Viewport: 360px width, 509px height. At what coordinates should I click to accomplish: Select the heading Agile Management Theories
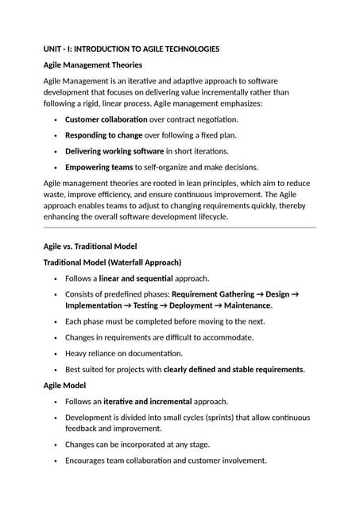pos(93,64)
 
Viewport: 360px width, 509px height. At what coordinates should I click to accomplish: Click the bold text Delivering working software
pos(114,151)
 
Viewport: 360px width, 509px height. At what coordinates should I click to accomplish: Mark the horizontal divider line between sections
pos(180,228)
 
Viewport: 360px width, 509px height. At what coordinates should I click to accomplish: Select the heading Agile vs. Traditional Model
pos(90,247)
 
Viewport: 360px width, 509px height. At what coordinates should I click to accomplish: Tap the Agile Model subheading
pos(67,385)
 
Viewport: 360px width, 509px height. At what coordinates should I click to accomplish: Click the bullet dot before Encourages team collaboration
pos(55,460)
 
